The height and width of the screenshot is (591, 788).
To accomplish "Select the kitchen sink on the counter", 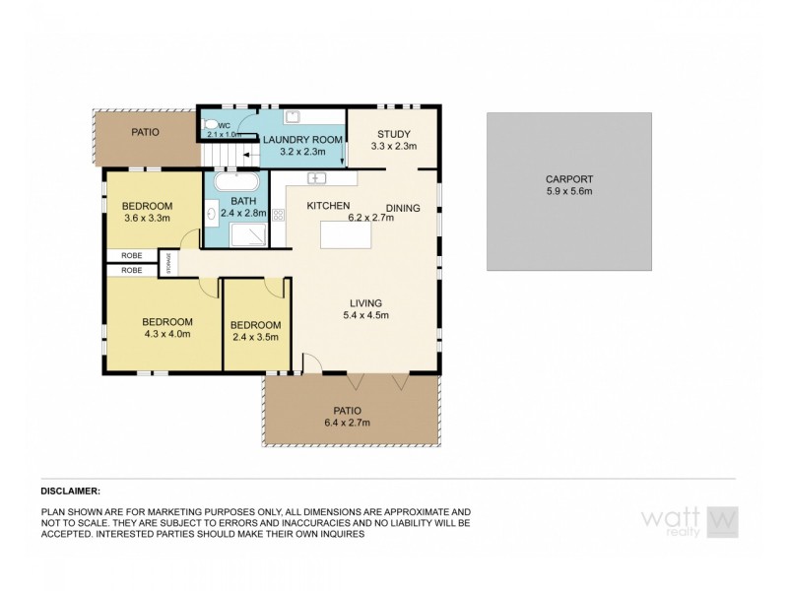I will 317,178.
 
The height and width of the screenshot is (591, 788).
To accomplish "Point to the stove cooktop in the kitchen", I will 279,215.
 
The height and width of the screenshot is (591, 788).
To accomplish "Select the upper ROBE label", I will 131,254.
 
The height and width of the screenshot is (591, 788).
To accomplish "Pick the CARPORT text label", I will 568,179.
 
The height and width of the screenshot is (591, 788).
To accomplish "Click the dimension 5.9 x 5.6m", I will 568,193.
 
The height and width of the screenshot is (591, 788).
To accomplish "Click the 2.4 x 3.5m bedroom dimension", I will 255,338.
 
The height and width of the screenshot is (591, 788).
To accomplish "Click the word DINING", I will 404,207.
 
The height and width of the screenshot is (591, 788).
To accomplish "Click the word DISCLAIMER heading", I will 71,490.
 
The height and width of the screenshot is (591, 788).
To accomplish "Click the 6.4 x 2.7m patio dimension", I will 348,423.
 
